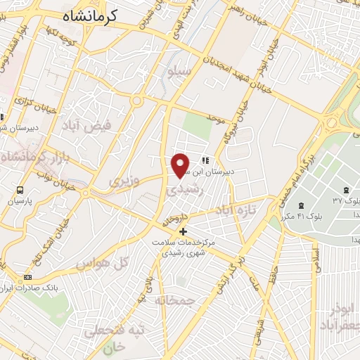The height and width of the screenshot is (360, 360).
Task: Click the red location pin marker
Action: (181, 166)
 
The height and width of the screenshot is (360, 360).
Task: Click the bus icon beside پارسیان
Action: (19, 190)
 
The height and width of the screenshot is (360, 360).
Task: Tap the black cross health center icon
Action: (184, 231)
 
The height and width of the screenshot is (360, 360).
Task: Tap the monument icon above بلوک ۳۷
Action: (346, 190)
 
